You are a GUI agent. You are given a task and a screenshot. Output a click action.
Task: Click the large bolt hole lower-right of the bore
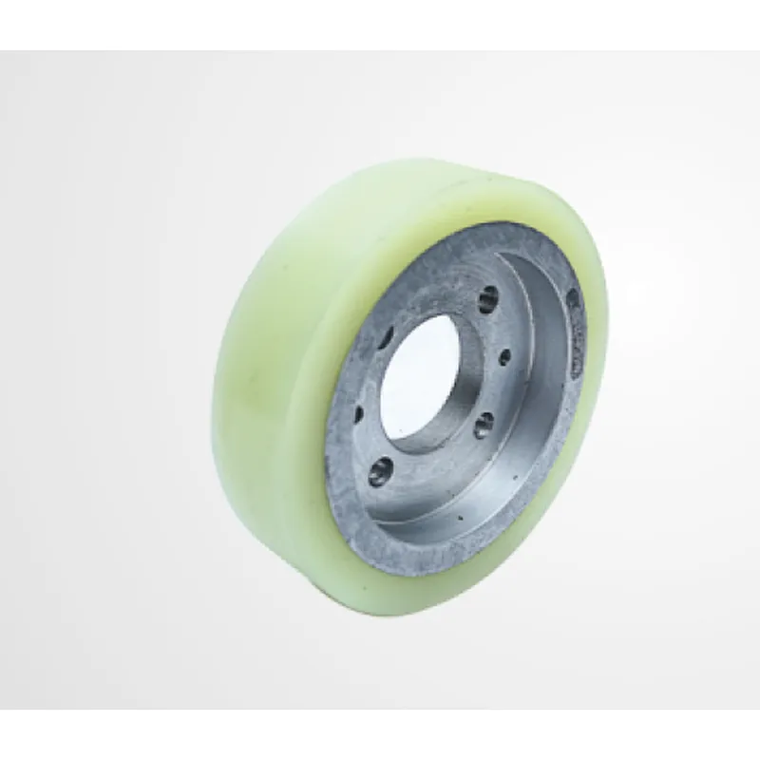tap(483, 424)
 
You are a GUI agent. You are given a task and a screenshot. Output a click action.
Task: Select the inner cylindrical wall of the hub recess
tap(541, 380)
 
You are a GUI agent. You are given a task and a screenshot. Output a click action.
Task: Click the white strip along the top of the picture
tap(380, 24)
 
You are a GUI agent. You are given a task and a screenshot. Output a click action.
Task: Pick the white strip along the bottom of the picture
tap(380, 736)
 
